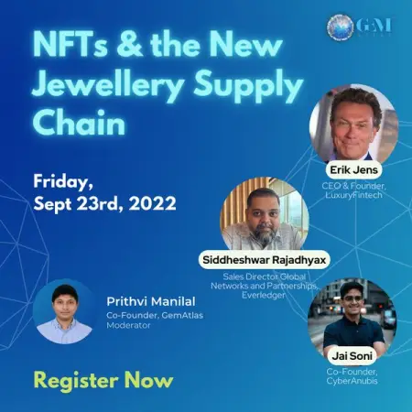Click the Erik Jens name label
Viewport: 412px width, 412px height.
tap(353, 168)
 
